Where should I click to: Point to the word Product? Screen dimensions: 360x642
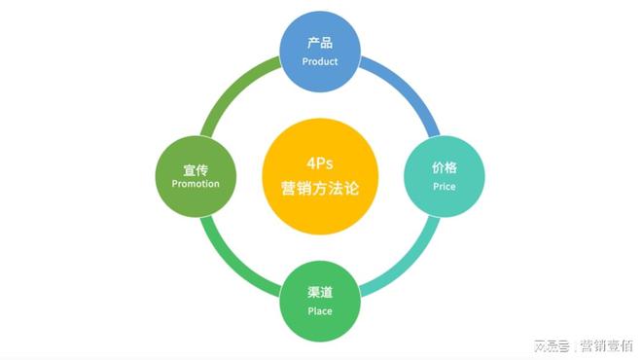point(320,61)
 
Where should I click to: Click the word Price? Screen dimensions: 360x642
point(444,185)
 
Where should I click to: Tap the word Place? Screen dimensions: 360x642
point(320,311)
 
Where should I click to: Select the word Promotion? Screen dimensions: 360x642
point(196,183)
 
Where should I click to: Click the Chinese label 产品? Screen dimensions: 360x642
point(320,43)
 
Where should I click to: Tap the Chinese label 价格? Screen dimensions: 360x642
point(444,167)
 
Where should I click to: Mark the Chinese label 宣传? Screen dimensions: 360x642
point(196,168)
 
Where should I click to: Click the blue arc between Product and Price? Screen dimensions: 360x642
point(405,89)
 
